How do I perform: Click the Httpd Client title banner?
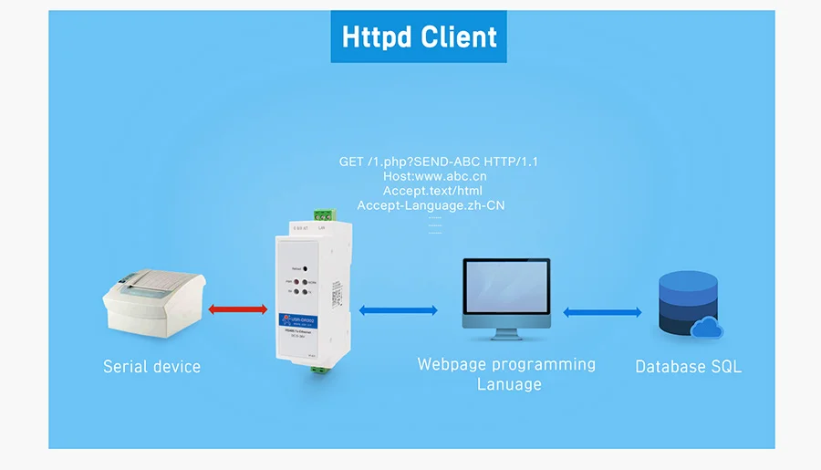(419, 37)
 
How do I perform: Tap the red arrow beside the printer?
(237, 309)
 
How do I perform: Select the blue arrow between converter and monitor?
(398, 310)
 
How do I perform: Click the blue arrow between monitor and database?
(602, 312)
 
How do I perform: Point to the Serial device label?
(151, 367)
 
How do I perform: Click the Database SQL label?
(688, 367)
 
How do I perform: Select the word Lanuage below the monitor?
(509, 384)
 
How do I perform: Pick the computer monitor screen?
(506, 287)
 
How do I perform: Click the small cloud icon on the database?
(706, 328)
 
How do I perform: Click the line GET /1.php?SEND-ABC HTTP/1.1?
(439, 162)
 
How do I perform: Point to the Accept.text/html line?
(432, 191)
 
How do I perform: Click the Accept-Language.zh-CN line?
(431, 205)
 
